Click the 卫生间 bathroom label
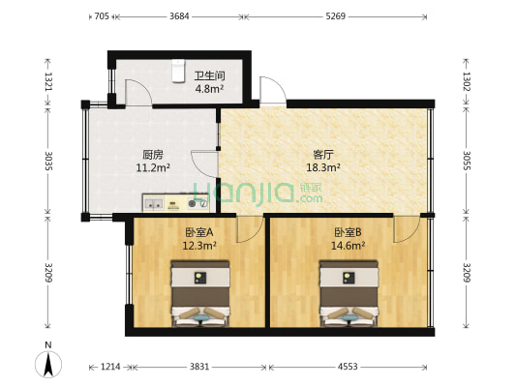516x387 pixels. coord(209,75)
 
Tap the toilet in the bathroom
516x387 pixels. coord(177,71)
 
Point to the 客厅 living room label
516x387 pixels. coord(323,153)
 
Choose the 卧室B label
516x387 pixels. coord(348,232)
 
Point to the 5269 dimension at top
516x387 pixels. coord(335,15)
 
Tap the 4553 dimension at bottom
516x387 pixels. coord(348,367)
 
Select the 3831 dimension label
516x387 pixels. coord(199,367)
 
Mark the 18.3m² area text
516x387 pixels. coord(323,167)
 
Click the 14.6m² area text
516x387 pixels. coord(349,246)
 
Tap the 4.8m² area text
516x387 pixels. coord(209,89)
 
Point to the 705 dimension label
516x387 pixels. coord(101,15)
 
